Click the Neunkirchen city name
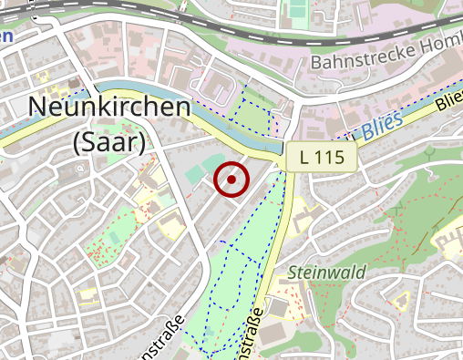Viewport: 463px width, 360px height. click(x=110, y=107)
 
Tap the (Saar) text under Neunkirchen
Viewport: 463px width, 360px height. click(x=108, y=141)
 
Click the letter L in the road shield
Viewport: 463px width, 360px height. click(x=305, y=158)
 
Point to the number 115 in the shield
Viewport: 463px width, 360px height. click(x=331, y=158)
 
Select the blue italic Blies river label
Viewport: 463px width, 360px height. click(x=383, y=129)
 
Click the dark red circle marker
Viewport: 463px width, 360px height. click(x=231, y=180)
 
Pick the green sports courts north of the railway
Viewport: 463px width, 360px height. click(x=296, y=11)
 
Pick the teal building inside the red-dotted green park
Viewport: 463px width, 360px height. click(x=113, y=238)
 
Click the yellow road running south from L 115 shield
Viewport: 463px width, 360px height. click(x=282, y=228)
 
